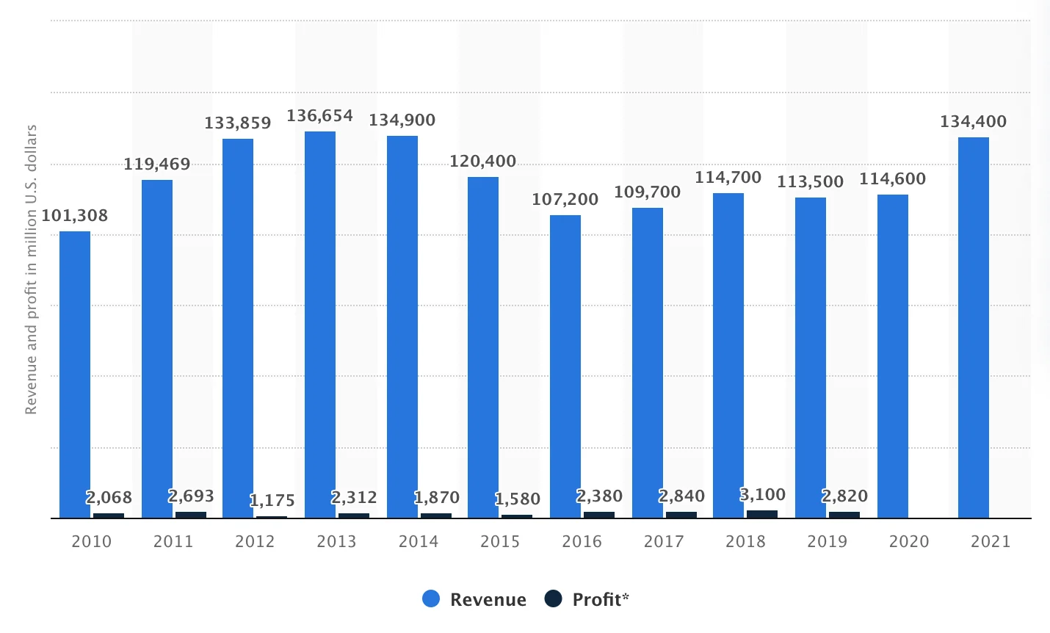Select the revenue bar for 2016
tap(565, 366)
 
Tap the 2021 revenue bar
tap(973, 328)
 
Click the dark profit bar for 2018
tap(762, 514)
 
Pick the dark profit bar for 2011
tap(191, 515)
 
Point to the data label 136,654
tap(319, 116)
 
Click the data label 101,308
tap(74, 216)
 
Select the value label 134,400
tap(973, 122)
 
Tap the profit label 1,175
tap(272, 501)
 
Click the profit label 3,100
tap(762, 495)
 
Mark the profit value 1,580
tap(517, 499)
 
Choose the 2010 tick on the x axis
tap(92, 542)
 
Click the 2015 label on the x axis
tap(500, 542)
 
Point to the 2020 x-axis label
tap(909, 542)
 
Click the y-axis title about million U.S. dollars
tap(31, 270)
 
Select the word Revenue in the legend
tap(488, 600)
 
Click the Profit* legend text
tap(601, 600)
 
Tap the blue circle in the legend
tap(431, 599)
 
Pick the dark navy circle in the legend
tap(553, 599)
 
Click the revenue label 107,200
tap(565, 200)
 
